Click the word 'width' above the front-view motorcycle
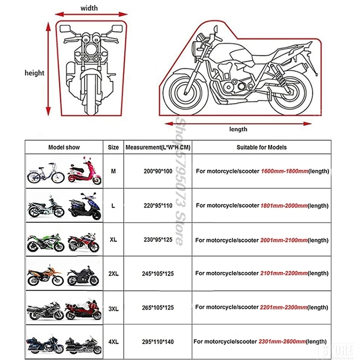coord(89,8)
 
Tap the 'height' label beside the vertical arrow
coord(34,73)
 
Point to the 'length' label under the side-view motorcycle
coord(238,129)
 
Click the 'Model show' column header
coord(64,147)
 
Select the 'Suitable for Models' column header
coord(261,147)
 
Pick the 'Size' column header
coord(113,147)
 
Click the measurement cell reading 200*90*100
coord(158,172)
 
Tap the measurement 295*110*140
coord(158,341)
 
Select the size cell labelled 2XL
coord(113,274)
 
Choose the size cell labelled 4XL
coord(113,341)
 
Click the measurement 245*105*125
coord(158,274)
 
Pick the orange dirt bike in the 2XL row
coord(44,274)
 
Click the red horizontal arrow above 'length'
coord(238,123)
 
